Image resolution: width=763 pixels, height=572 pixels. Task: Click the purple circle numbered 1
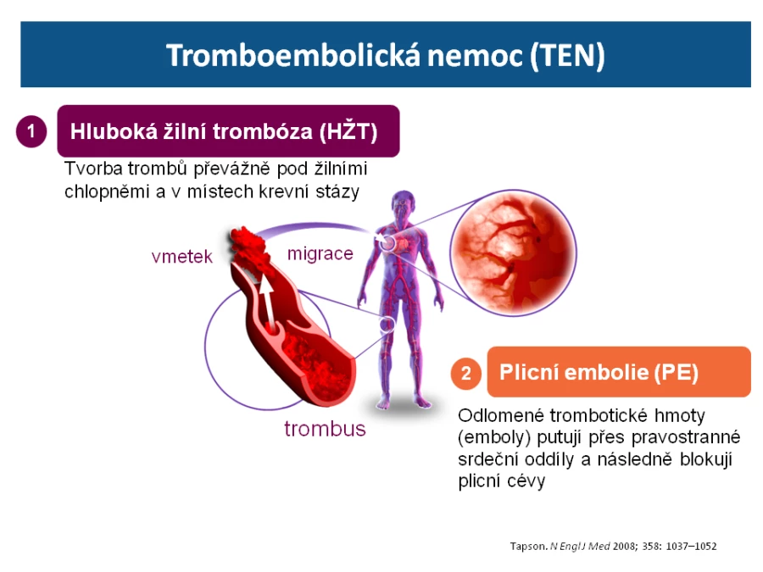coord(31,131)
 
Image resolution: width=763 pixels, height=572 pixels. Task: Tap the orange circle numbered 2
coord(466,373)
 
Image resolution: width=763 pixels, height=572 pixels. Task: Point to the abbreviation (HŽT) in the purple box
coord(348,131)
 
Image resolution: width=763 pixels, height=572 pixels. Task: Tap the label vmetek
coord(182,256)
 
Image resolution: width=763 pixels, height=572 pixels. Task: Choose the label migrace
coord(320,253)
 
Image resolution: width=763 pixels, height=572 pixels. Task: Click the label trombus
coord(325,429)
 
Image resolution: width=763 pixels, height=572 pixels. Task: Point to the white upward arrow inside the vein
coord(267,303)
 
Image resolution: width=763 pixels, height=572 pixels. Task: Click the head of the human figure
coord(403,203)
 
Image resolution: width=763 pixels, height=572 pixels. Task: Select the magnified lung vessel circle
coord(514,253)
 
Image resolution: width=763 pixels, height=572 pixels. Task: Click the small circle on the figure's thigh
coord(387,324)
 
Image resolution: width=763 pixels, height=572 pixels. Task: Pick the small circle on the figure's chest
coord(387,242)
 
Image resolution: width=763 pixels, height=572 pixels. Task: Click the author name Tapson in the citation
coord(528,547)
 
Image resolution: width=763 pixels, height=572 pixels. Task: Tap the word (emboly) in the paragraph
coord(494,438)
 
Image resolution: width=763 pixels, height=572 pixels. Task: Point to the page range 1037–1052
coord(691,547)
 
